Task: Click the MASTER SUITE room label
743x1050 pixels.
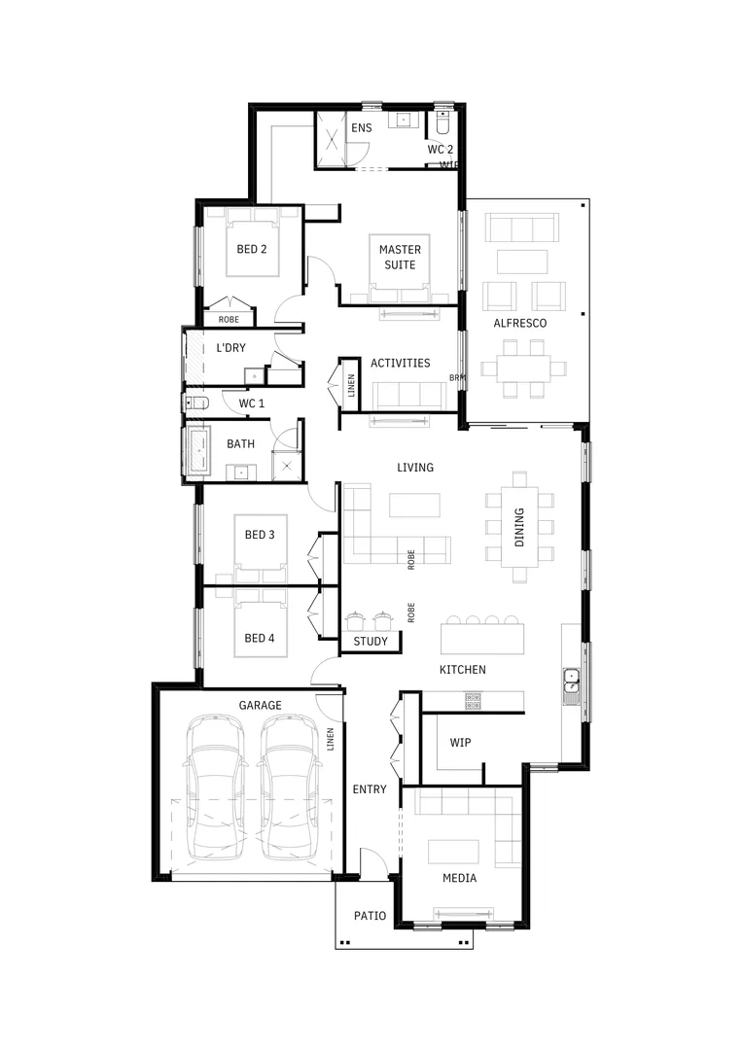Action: coord(399,258)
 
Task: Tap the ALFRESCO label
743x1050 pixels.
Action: coord(519,323)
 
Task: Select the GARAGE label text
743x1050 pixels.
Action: coord(260,705)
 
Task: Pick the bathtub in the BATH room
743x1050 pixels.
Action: coord(199,453)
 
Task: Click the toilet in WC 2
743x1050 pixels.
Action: coord(442,123)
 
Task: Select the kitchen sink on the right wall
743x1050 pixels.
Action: coord(572,686)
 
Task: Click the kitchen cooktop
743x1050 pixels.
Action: coord(474,697)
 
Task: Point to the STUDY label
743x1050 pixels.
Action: coord(371,642)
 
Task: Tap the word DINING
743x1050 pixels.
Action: coord(519,527)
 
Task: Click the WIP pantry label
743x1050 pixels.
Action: coord(460,743)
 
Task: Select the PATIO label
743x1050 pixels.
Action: coord(370,916)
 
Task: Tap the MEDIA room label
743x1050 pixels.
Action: coord(459,878)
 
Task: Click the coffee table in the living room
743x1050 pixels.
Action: coord(414,506)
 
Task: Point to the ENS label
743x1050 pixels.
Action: coord(361,128)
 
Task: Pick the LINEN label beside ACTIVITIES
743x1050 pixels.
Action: coord(351,386)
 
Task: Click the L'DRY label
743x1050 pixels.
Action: coord(230,348)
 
